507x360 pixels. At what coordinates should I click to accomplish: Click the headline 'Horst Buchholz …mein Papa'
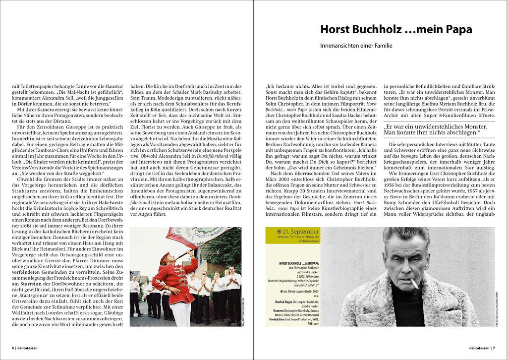395,29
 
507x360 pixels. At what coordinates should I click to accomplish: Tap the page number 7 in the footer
494,348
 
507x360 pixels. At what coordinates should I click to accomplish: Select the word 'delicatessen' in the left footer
28,348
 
